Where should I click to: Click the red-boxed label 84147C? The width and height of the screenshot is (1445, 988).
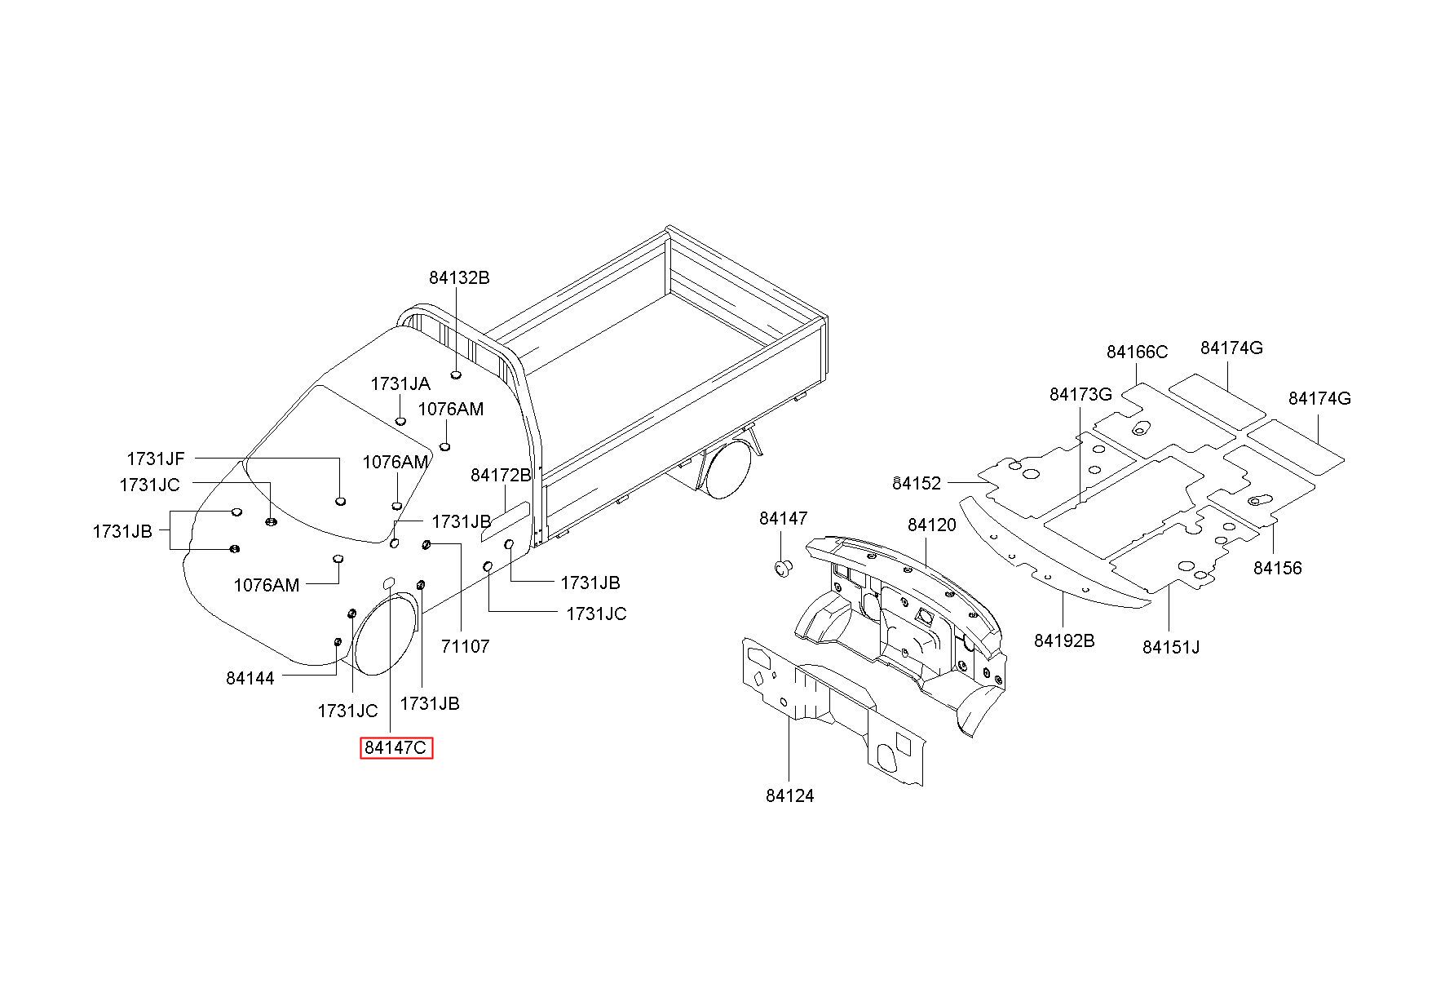click(396, 747)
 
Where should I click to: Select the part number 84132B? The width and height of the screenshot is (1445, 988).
click(459, 277)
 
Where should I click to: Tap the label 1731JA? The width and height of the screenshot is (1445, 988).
click(400, 383)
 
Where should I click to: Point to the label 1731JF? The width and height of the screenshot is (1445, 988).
click(156, 459)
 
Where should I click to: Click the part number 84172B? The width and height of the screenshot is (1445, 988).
click(501, 474)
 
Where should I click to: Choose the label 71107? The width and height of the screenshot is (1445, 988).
click(465, 646)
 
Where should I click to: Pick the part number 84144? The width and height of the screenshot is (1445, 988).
click(250, 677)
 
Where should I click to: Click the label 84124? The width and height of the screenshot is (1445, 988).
click(789, 795)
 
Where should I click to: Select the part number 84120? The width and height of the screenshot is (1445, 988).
click(931, 525)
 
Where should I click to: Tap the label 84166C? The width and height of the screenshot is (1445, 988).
click(1137, 352)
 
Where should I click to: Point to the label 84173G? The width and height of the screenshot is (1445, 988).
click(1080, 394)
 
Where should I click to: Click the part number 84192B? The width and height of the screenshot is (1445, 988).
click(1064, 640)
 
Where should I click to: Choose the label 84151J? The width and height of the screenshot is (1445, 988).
click(1171, 647)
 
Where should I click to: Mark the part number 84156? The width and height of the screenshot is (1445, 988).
click(1278, 568)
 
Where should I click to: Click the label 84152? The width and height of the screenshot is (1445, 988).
click(917, 483)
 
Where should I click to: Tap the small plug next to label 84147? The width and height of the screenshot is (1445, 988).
click(783, 567)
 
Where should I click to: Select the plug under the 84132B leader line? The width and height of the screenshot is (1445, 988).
click(456, 375)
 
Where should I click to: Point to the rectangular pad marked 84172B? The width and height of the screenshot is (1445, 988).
click(505, 521)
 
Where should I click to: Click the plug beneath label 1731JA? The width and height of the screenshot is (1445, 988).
click(400, 421)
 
